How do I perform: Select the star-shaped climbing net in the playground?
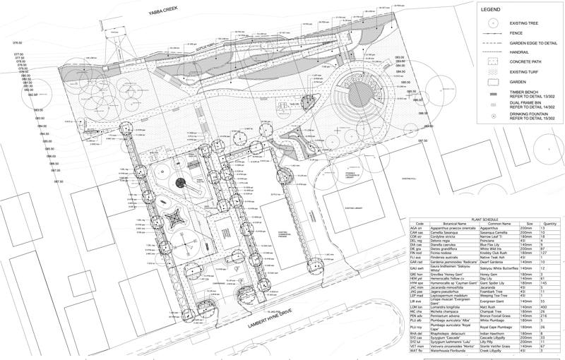pyautogui.click(x=173, y=216)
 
